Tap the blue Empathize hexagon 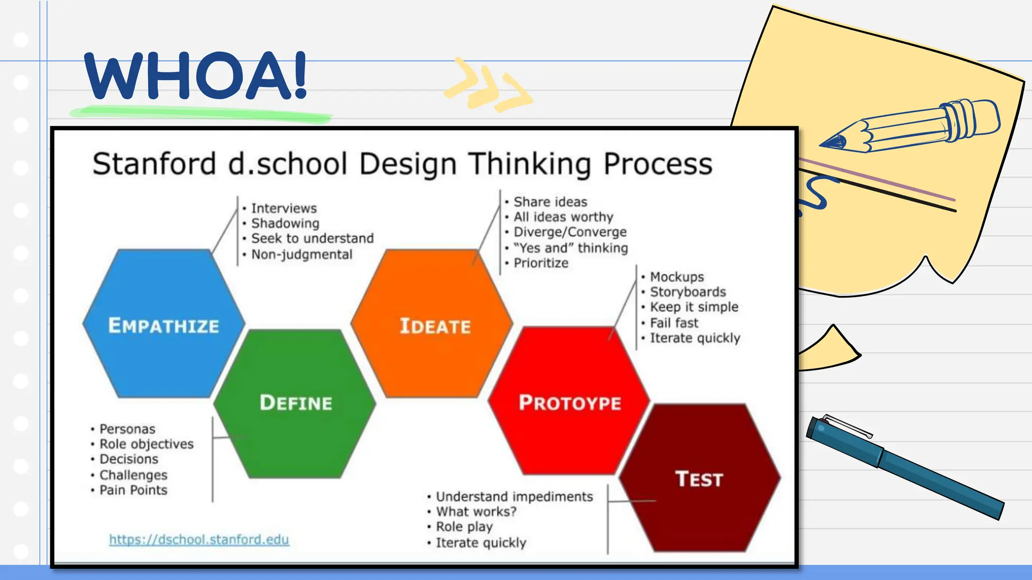point(164,325)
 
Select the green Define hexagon point(295,403)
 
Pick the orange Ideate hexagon point(434,326)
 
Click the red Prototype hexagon point(569,403)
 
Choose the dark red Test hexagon point(699,478)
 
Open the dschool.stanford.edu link point(199,540)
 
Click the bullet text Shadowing point(285,223)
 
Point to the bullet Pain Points point(133,490)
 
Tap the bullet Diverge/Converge point(569,232)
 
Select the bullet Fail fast point(674,323)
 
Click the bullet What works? point(476,512)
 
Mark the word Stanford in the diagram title point(154,164)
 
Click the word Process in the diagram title point(658,164)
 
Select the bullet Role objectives point(146,444)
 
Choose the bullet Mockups point(676,277)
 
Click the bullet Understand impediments point(514,496)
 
